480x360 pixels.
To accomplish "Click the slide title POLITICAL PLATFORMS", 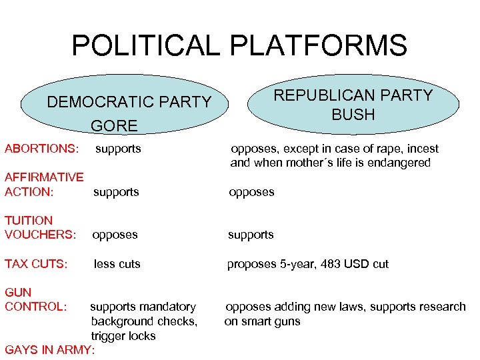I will coord(239,45).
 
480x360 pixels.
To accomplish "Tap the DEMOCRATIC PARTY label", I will coord(129,102).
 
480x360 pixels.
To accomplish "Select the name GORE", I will coord(114,125).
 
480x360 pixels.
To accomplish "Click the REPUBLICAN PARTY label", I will coord(353,95).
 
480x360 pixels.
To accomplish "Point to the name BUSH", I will coord(353,115).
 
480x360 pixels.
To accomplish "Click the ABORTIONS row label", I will coord(41,149).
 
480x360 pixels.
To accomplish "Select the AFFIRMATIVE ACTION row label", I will coord(43,185).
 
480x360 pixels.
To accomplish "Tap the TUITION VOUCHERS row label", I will coord(40,227).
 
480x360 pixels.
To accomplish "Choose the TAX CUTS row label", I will coord(36,264).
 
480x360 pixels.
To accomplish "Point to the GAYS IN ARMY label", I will coord(49,350).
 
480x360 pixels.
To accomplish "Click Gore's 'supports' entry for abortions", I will coord(118,149).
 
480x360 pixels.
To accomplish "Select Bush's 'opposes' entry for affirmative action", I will coord(251,192).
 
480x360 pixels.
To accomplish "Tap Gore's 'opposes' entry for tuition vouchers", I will coord(115,235).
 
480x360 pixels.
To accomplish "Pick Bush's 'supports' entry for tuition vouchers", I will coord(251,235).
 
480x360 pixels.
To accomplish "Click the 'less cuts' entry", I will coord(117,264).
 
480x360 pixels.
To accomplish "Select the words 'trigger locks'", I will coord(123,336).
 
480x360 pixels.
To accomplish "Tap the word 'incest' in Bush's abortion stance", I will coord(422,149).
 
